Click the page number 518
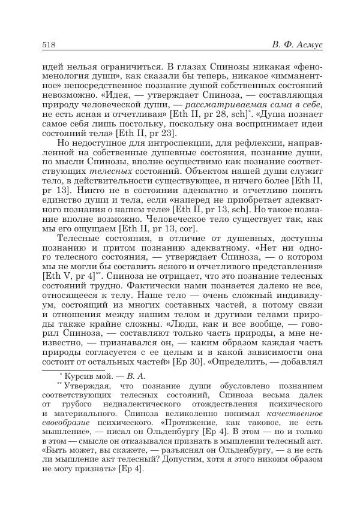tap(49, 47)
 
